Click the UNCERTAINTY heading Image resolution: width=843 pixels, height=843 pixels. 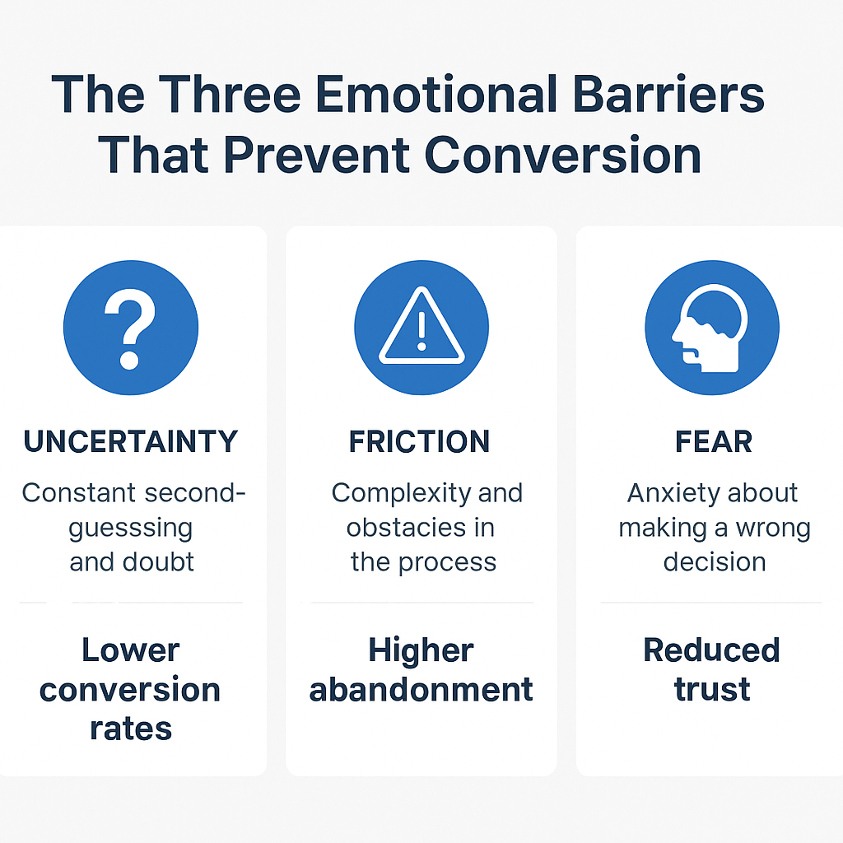pyautogui.click(x=130, y=442)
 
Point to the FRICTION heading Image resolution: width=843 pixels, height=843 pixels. pyautogui.click(x=419, y=442)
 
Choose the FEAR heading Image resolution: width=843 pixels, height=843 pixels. pyautogui.click(x=714, y=442)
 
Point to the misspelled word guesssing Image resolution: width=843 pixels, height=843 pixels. pyautogui.click(x=130, y=528)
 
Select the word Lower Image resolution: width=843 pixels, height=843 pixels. pyautogui.click(x=130, y=650)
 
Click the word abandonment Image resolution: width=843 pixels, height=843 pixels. pyautogui.click(x=421, y=689)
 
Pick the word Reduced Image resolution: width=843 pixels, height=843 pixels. pyautogui.click(x=711, y=650)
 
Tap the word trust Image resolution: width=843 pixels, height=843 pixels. pyautogui.click(x=712, y=689)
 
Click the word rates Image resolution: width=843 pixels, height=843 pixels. pyautogui.click(x=130, y=728)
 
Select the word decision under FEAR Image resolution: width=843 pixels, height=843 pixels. pyautogui.click(x=715, y=562)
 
